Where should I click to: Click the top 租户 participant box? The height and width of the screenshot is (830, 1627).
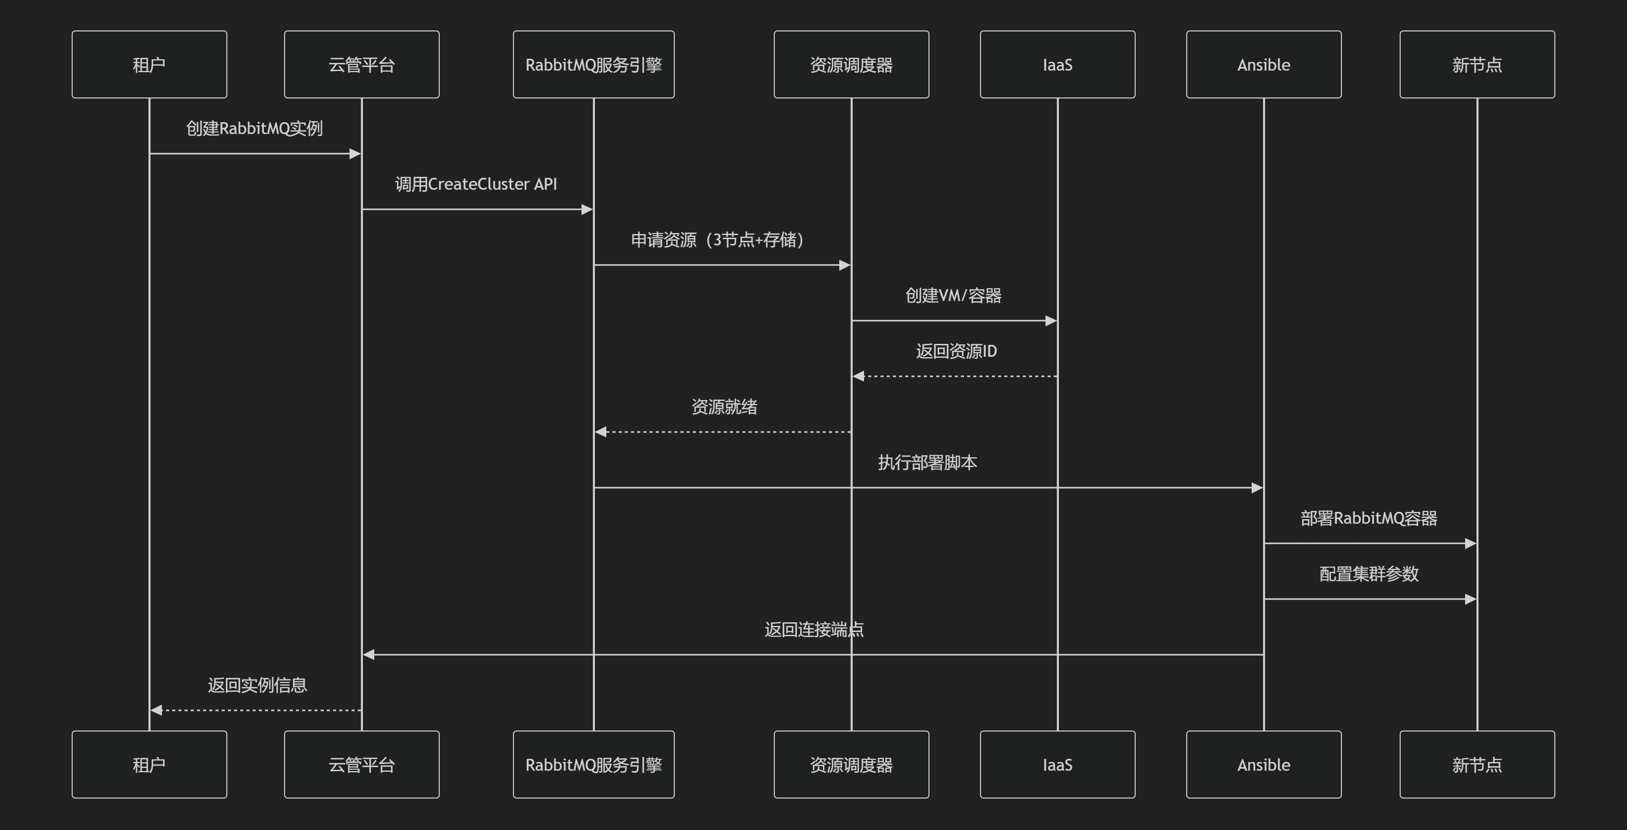pyautogui.click(x=149, y=64)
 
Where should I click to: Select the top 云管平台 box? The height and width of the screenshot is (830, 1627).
pyautogui.click(x=361, y=64)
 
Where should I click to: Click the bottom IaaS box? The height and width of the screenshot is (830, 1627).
pyautogui.click(x=1057, y=765)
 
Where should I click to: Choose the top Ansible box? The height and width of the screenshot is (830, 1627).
pyautogui.click(x=1263, y=64)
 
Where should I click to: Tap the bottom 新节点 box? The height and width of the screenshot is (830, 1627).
pyautogui.click(x=1476, y=765)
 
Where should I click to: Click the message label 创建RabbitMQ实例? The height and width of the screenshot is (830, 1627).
pyautogui.click(x=255, y=128)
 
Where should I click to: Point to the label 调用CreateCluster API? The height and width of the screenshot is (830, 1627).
pyautogui.click(x=476, y=184)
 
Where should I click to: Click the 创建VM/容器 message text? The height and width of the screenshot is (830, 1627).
pyautogui.click(x=953, y=295)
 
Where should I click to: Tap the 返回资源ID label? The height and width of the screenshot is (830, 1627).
pyautogui.click(x=956, y=351)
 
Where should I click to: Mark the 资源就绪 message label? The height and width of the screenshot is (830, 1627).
pyautogui.click(x=724, y=407)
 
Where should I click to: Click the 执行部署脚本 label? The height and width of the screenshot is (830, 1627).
pyautogui.click(x=927, y=462)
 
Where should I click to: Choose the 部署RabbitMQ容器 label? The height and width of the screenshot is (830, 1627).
pyautogui.click(x=1369, y=518)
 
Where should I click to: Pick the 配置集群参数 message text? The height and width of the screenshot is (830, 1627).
pyautogui.click(x=1369, y=574)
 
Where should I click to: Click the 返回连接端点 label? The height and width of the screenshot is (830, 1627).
pyautogui.click(x=813, y=629)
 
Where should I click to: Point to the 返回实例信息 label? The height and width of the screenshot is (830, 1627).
pyautogui.click(x=257, y=685)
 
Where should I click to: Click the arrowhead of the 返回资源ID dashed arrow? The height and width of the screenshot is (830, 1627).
pyautogui.click(x=858, y=376)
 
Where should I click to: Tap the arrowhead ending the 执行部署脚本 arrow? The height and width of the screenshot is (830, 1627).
pyautogui.click(x=1257, y=488)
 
